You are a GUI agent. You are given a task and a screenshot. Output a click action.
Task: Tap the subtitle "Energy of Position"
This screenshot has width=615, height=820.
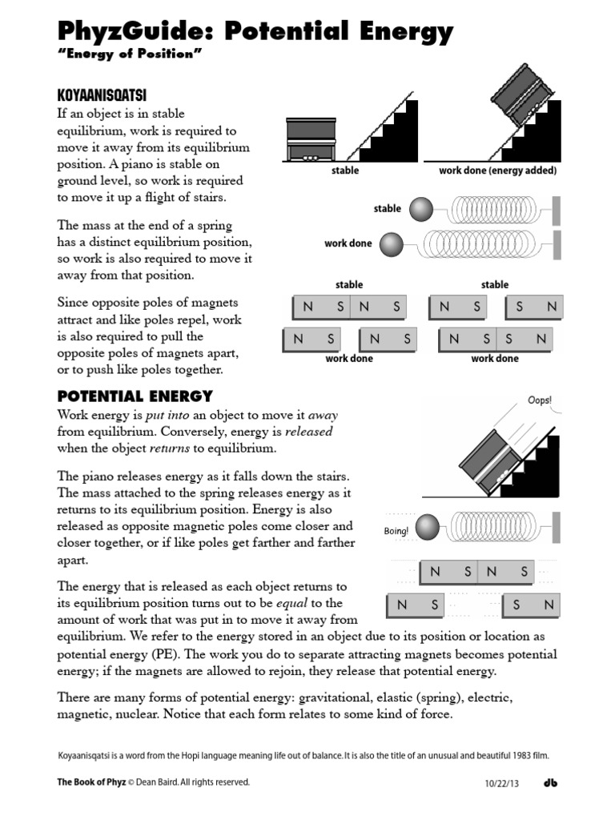(x=128, y=54)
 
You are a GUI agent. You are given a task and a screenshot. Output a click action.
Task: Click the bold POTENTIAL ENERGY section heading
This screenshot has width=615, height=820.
(x=135, y=396)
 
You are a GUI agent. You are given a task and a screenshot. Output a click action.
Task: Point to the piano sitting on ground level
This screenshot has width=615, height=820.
(x=311, y=141)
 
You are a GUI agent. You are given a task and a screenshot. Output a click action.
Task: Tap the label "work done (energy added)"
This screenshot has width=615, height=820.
(x=497, y=171)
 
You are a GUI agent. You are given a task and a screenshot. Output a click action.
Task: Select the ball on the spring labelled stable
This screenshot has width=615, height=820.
(x=421, y=210)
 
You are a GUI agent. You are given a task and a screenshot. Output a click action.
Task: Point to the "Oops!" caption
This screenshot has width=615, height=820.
(x=540, y=400)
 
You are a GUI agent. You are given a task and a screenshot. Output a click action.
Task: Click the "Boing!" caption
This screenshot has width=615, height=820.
(x=396, y=531)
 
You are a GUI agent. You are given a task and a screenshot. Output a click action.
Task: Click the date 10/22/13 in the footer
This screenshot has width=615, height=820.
(x=502, y=783)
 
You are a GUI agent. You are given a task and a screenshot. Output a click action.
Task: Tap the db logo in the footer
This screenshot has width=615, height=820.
(x=550, y=782)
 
